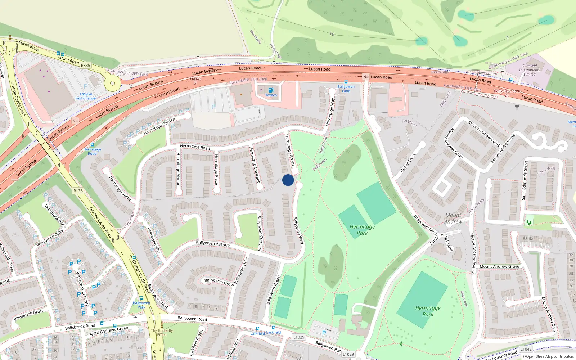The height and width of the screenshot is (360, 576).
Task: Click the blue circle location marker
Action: (x=288, y=180)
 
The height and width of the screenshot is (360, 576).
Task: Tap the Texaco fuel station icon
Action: (x=271, y=90)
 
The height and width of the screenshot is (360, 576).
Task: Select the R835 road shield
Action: (x=86, y=66)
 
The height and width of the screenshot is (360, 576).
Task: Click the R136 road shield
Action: (x=78, y=191)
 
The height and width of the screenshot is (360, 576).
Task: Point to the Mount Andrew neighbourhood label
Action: (x=453, y=218)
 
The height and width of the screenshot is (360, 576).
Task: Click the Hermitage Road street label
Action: (x=195, y=147)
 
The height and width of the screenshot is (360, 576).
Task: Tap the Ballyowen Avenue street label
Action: (x=213, y=244)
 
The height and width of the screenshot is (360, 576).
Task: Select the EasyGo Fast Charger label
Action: (x=86, y=96)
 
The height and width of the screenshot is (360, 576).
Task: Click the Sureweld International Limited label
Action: (x=529, y=70)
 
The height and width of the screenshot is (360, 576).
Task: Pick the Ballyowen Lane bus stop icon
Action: (x=346, y=82)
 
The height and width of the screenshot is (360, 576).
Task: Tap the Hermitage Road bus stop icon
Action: (x=92, y=145)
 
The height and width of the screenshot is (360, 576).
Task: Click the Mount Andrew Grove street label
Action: (x=499, y=266)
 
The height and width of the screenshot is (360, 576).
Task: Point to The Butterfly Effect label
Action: (x=162, y=332)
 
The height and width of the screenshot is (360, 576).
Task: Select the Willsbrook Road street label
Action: (x=80, y=326)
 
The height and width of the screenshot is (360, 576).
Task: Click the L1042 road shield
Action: (x=526, y=349)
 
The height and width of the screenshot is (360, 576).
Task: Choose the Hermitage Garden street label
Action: (x=159, y=126)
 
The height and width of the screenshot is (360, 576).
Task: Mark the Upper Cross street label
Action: (x=408, y=162)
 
